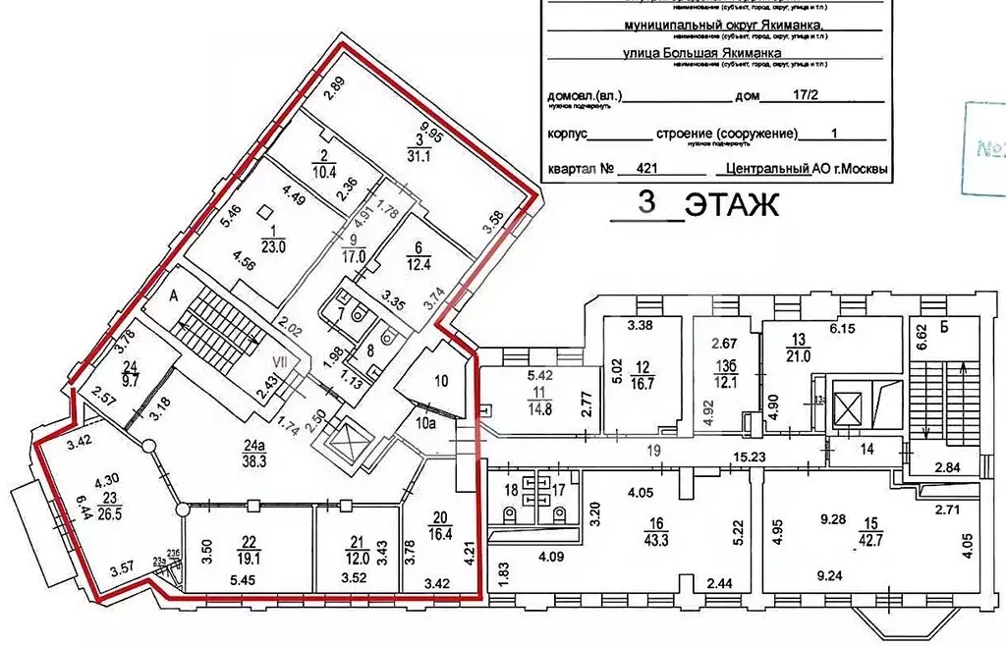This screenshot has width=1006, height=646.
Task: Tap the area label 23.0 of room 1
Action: coord(271,248)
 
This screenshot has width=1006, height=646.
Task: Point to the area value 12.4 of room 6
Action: coord(419,265)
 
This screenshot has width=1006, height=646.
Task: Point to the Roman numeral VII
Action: coord(280,362)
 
